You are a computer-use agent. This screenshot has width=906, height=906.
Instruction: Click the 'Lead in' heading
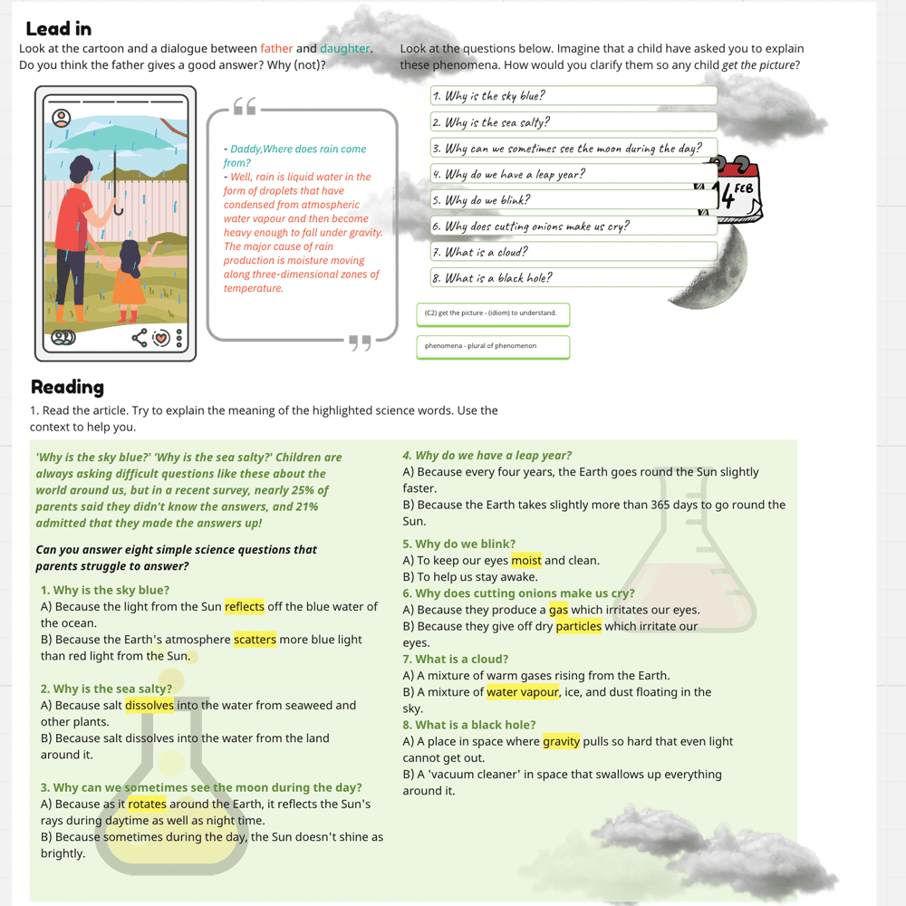[58, 29]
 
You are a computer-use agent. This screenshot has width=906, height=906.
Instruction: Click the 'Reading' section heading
[67, 387]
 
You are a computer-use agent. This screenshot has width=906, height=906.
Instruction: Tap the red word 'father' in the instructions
[276, 49]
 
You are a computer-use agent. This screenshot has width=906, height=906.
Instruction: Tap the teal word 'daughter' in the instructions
[345, 49]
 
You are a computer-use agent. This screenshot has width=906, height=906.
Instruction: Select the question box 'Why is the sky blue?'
[573, 96]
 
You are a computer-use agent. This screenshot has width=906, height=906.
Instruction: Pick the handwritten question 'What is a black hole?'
[573, 278]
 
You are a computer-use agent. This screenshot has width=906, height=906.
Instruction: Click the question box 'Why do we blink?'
[573, 200]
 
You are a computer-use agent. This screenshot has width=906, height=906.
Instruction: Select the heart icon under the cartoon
[160, 339]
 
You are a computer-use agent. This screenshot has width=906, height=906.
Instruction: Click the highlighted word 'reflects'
[245, 607]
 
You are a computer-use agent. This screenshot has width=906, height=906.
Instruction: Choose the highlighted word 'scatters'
[255, 640]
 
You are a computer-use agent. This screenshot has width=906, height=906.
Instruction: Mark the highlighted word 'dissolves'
[149, 706]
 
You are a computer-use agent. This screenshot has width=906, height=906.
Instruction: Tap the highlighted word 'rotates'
[147, 805]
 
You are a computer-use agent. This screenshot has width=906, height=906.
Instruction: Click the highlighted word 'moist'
[525, 561]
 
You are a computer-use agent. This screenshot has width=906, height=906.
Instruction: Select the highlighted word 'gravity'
[561, 742]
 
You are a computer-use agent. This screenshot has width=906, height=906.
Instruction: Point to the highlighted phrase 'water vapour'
[522, 692]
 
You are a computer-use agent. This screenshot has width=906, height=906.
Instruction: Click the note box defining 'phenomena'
[493, 346]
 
